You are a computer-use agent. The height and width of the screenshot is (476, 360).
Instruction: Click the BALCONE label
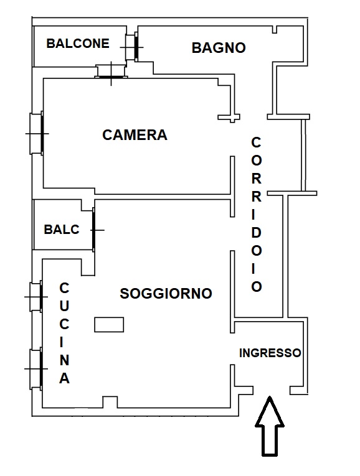click(78, 44)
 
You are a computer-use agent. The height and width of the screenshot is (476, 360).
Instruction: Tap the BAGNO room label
click(219, 48)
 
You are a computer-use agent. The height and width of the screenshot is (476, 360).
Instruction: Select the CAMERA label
click(135, 135)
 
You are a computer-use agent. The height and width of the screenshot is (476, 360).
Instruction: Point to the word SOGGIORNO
click(166, 294)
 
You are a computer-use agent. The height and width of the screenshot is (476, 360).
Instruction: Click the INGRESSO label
click(270, 353)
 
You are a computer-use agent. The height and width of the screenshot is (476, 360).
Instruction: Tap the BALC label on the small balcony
click(62, 230)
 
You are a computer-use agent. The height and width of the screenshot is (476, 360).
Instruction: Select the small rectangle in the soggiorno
click(109, 325)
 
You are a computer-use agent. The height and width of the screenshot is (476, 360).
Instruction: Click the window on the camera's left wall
click(37, 134)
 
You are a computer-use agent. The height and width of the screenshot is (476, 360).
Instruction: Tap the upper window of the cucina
click(36, 297)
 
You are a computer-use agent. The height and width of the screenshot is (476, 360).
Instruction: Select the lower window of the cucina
click(36, 369)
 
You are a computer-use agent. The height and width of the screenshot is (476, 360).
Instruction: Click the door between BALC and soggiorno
click(94, 230)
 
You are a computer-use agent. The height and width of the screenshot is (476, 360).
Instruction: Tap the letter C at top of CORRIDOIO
click(256, 142)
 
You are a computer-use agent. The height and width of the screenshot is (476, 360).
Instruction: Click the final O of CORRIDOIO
click(257, 287)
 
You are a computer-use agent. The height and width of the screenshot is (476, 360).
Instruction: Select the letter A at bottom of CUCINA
click(64, 378)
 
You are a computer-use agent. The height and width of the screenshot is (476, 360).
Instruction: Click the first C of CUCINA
click(64, 288)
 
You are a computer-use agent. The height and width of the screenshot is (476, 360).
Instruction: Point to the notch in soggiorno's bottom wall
click(110, 402)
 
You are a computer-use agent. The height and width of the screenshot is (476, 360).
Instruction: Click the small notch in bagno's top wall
click(274, 29)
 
